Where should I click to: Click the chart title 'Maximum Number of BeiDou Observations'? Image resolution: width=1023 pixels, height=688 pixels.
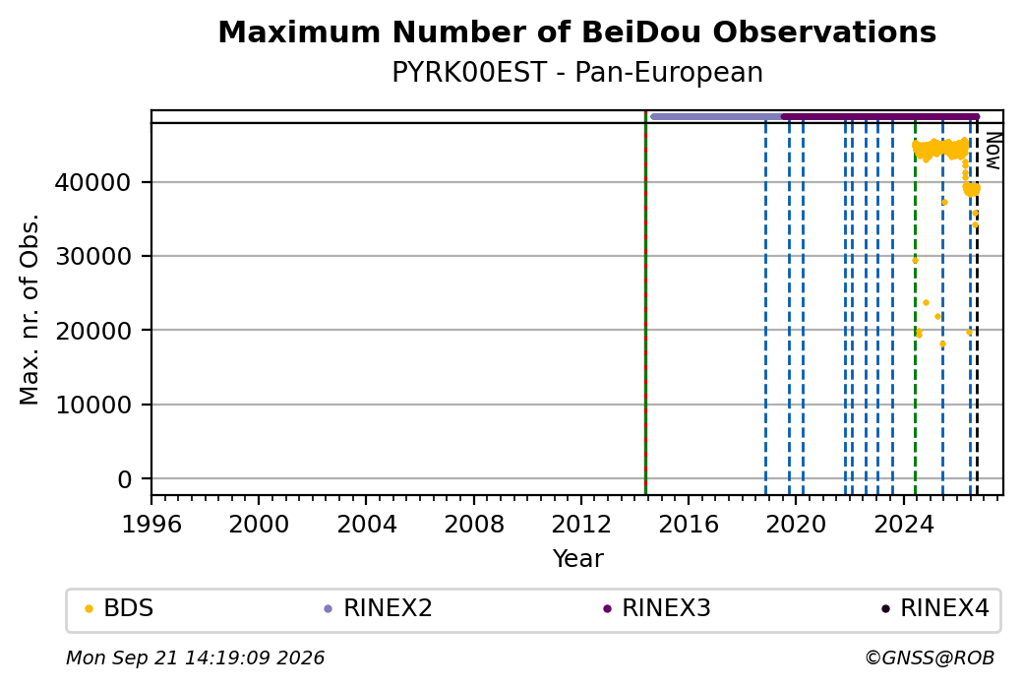[576, 31]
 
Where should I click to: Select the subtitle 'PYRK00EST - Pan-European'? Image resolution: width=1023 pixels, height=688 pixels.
[576, 73]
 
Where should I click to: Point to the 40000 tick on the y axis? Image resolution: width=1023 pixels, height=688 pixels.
[93, 182]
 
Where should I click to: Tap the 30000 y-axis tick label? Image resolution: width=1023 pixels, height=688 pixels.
[93, 257]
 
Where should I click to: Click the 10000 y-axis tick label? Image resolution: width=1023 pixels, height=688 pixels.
[93, 405]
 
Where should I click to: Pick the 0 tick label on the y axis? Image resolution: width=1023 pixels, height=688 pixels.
[125, 479]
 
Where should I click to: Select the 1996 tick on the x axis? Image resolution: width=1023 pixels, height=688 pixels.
[151, 524]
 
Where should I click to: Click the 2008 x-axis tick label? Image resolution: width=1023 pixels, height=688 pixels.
[474, 524]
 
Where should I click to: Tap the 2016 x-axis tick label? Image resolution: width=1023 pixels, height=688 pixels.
[689, 524]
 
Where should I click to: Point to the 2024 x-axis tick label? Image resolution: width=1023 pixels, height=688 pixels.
[904, 524]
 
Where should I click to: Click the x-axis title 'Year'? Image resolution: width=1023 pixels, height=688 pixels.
[578, 559]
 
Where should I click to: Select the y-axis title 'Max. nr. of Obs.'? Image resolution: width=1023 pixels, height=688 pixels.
[30, 309]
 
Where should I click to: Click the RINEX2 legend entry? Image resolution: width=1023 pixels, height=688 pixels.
[378, 608]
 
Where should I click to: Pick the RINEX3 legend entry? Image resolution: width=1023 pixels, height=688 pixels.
[657, 608]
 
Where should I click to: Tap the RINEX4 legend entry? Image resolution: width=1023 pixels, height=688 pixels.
[935, 608]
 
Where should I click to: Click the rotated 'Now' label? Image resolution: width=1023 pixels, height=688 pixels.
[993, 151]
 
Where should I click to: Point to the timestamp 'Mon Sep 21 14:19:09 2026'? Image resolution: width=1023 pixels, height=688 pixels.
[195, 657]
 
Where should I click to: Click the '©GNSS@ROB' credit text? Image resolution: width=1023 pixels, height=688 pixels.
[930, 657]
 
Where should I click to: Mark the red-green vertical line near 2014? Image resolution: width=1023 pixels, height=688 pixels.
[645, 303]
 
